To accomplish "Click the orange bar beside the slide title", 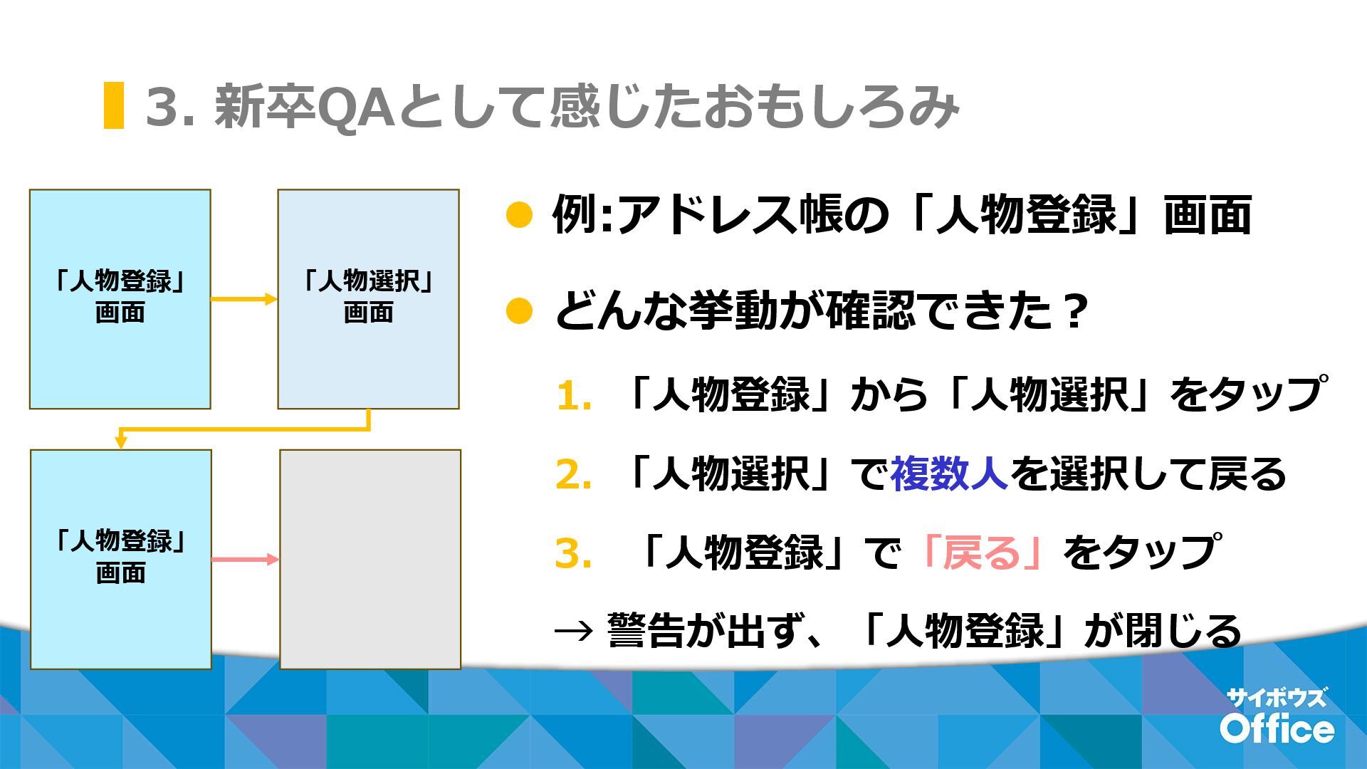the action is (113, 105).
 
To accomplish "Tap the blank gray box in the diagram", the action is (370, 559).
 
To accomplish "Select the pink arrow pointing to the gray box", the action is (244, 559).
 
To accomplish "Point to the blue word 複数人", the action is (948, 474).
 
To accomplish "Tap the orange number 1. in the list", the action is (574, 396).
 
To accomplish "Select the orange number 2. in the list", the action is (574, 475).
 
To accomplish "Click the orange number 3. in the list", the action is (574, 553).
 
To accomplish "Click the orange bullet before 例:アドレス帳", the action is (519, 215).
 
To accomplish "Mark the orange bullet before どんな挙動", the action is (519, 311).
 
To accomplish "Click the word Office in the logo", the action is (1277, 728).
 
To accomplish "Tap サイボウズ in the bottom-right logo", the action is (1277, 697).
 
